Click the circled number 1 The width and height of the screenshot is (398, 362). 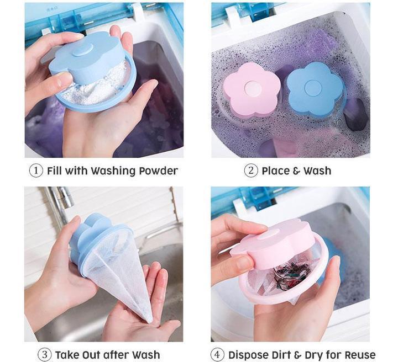pos(36,171)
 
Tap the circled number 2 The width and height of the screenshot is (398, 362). pos(251,171)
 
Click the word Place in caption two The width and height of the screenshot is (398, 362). pos(276,171)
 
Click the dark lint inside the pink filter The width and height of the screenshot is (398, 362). pos(287,273)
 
